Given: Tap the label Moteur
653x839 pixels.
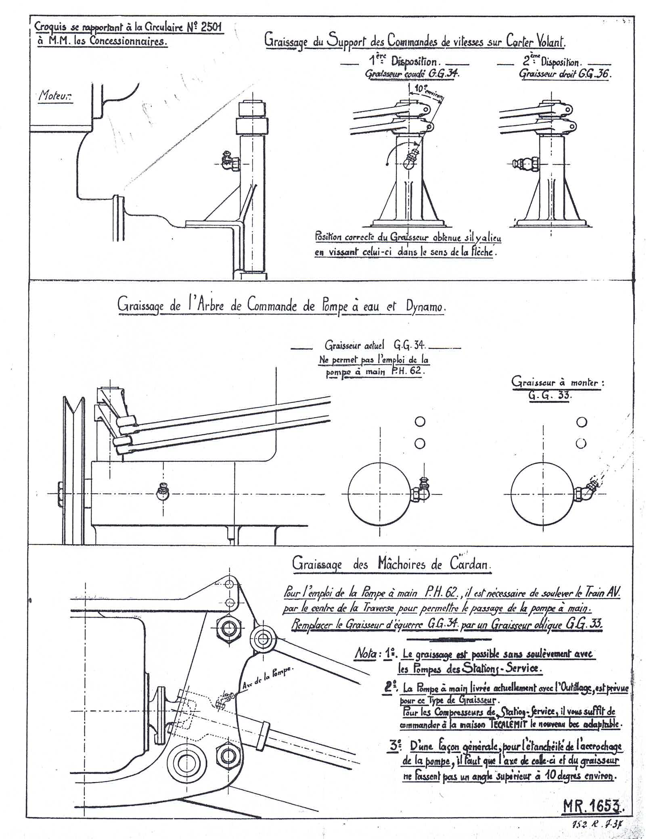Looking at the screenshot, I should (55, 96).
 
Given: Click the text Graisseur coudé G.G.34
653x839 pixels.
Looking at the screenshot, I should (412, 74).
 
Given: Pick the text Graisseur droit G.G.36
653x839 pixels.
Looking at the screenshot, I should (563, 74).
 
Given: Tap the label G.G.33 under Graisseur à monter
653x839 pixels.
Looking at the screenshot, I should (550, 395).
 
